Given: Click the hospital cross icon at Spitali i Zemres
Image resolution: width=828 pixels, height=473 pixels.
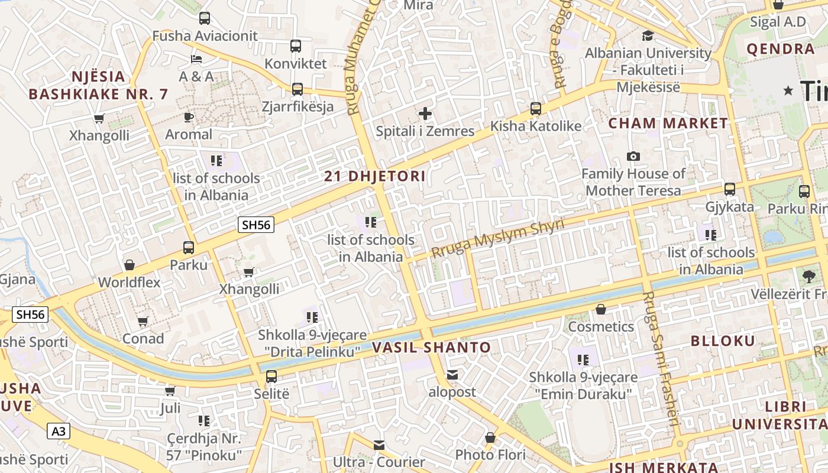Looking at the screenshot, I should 425,114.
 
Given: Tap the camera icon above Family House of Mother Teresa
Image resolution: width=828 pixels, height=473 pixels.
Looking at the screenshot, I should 633,156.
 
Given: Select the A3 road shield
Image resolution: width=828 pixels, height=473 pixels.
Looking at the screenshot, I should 59,431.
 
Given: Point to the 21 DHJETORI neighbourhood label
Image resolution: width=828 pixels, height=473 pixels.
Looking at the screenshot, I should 375,176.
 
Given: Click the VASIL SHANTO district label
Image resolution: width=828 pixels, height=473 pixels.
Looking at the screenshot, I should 432,348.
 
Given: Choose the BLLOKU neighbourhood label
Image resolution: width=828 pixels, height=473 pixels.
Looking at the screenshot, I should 723,341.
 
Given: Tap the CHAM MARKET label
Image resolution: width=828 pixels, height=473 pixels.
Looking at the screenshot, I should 668,124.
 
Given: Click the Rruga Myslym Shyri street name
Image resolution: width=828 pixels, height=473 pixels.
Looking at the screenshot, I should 497,237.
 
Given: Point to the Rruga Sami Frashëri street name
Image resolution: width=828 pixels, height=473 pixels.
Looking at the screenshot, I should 659,359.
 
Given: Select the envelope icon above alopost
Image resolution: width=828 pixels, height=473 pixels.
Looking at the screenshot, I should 452,375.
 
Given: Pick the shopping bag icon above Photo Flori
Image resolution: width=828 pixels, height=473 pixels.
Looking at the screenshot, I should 490,438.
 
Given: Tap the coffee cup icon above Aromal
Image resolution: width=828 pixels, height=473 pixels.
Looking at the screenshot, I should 189,117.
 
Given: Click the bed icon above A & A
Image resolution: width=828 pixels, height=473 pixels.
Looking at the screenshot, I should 196,59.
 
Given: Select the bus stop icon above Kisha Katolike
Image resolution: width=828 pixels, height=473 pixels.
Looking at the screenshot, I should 535,109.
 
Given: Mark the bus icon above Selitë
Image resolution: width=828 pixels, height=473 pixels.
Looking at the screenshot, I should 271,376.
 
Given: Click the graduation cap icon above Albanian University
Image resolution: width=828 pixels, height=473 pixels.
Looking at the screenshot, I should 648,35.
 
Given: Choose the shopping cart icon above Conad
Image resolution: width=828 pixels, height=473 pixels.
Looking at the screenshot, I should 143,322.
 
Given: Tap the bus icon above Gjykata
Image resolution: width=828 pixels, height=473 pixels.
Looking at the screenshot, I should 730,189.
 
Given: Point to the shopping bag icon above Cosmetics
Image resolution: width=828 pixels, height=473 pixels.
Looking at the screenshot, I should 601,309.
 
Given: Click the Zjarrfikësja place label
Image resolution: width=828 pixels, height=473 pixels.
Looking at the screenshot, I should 297,107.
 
